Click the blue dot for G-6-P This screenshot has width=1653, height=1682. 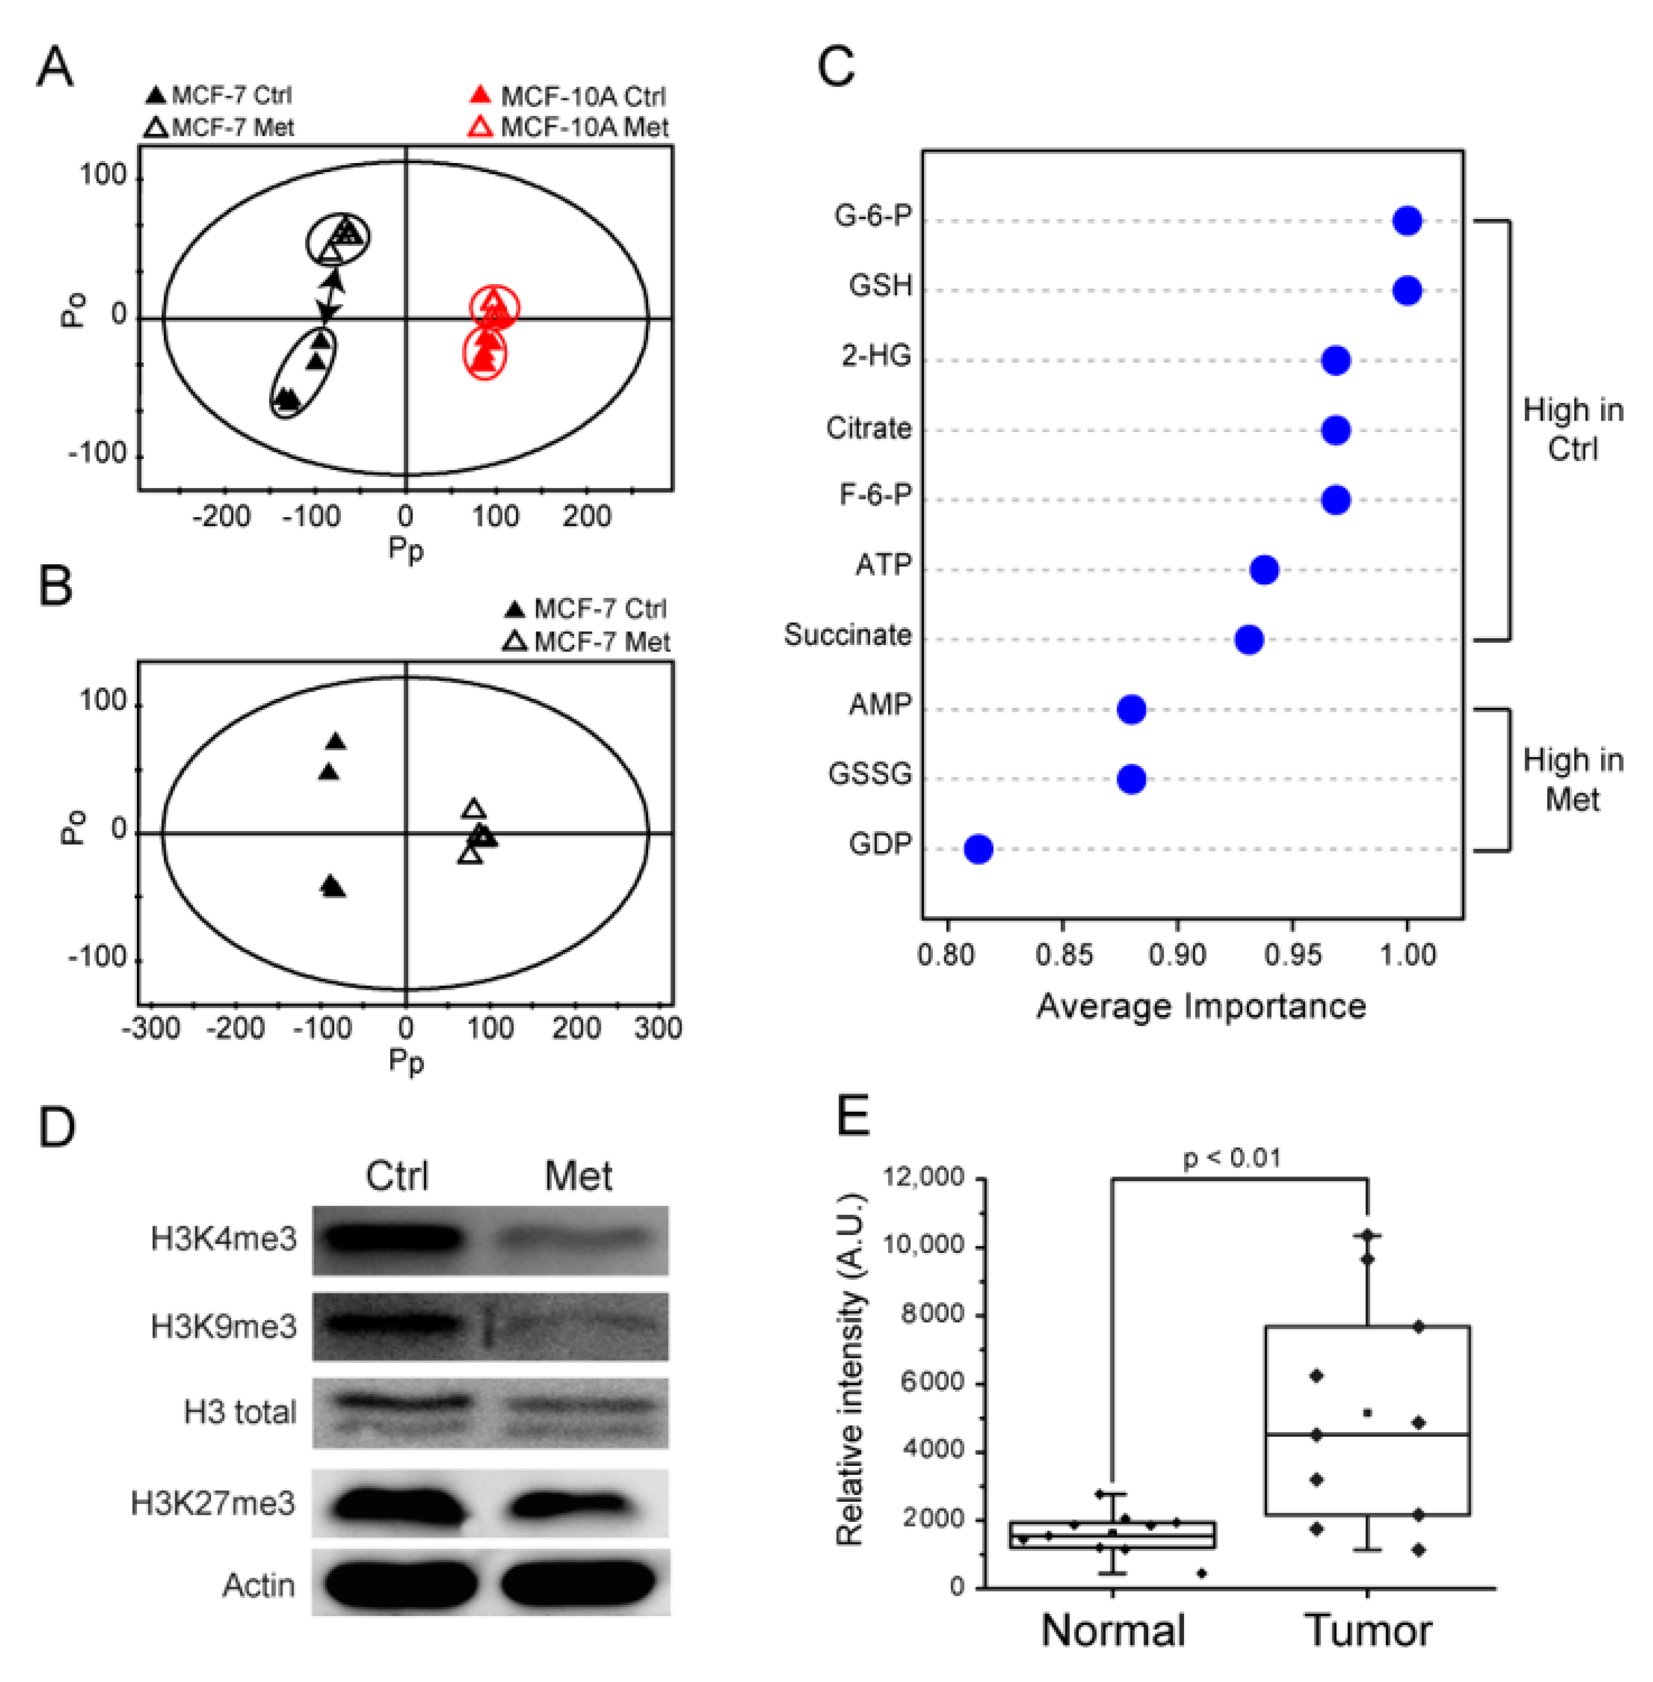coord(1407,220)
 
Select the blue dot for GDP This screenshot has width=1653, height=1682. coord(979,849)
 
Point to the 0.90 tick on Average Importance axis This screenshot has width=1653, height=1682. coord(1177,955)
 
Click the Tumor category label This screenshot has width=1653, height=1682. coord(1367,1630)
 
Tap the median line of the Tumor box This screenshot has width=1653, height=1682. coord(1367,1434)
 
